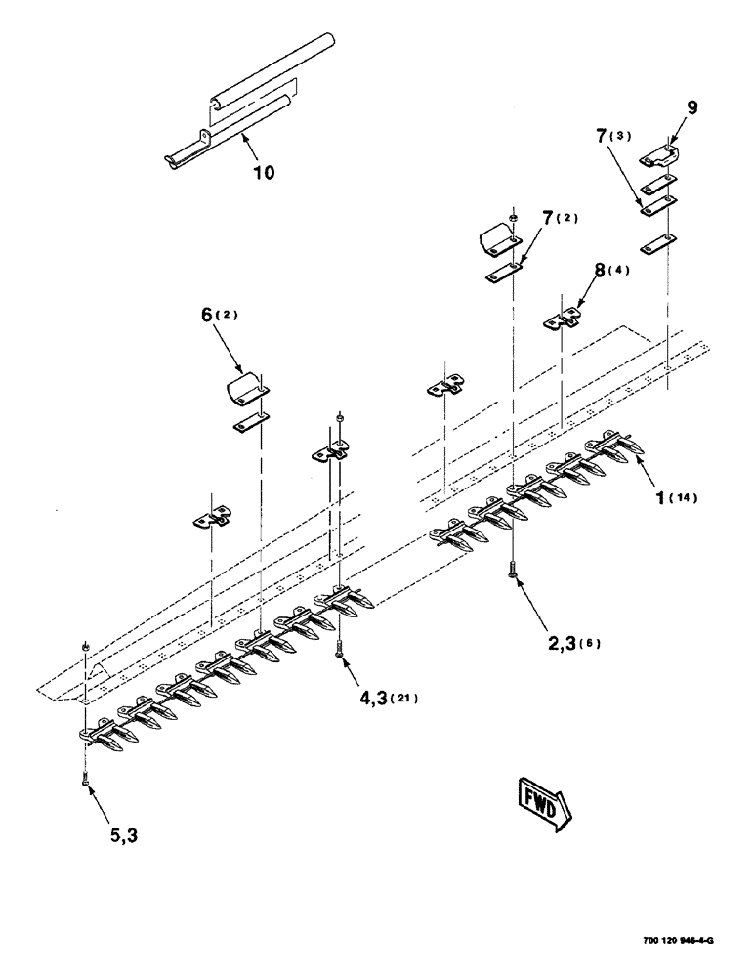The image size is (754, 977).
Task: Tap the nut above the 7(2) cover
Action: [x=513, y=217]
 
